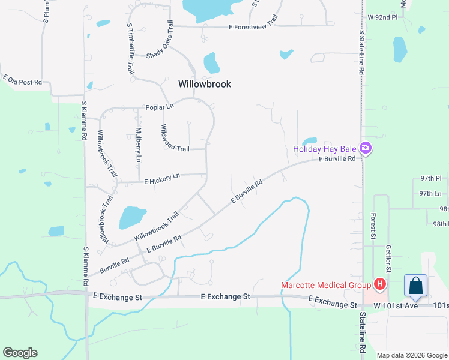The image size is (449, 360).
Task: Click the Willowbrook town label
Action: (x=205, y=85)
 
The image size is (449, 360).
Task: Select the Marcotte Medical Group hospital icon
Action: (x=379, y=284)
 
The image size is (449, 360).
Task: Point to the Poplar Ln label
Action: (x=159, y=107)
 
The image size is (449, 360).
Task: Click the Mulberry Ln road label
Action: (x=138, y=145)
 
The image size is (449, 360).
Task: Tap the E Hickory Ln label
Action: (x=162, y=178)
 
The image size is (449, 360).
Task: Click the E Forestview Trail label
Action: (x=254, y=26)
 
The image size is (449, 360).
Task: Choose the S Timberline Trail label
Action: (x=130, y=49)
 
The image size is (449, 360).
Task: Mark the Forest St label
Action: (x=373, y=226)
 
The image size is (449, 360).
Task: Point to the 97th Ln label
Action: (x=430, y=193)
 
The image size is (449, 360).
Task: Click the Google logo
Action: (x=20, y=353)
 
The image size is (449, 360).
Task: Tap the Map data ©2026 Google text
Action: (x=412, y=355)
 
